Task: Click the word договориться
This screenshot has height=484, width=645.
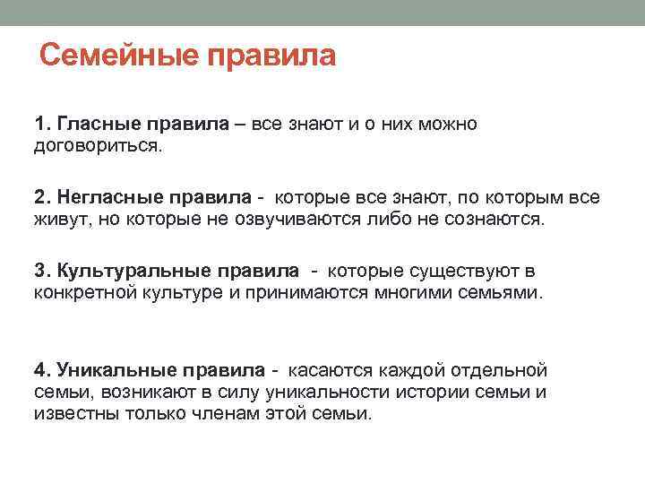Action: (x=99, y=146)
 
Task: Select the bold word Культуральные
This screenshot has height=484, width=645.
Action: (x=134, y=271)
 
